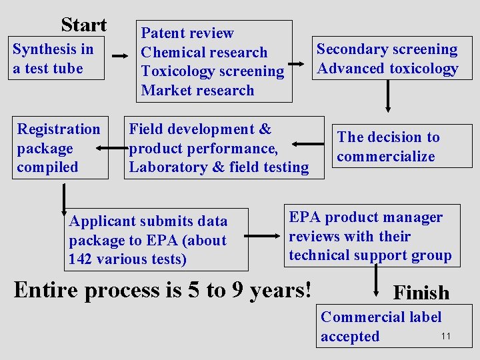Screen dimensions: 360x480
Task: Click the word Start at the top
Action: pyautogui.click(x=83, y=25)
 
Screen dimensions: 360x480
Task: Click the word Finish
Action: pyautogui.click(x=421, y=293)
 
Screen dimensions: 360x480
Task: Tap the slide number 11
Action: pyautogui.click(x=446, y=336)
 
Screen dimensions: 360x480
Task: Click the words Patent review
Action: pyautogui.click(x=187, y=33)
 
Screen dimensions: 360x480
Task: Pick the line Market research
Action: pyautogui.click(x=197, y=90)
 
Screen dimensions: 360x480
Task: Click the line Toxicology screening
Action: pyautogui.click(x=212, y=71)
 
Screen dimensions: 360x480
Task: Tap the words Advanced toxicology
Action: pyautogui.click(x=387, y=68)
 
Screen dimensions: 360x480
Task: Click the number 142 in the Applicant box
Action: pyautogui.click(x=81, y=259)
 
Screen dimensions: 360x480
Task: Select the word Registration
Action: pyautogui.click(x=59, y=129)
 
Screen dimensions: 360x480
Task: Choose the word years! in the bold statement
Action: pyautogui.click(x=281, y=290)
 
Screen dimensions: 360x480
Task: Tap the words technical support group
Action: pyautogui.click(x=370, y=255)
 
